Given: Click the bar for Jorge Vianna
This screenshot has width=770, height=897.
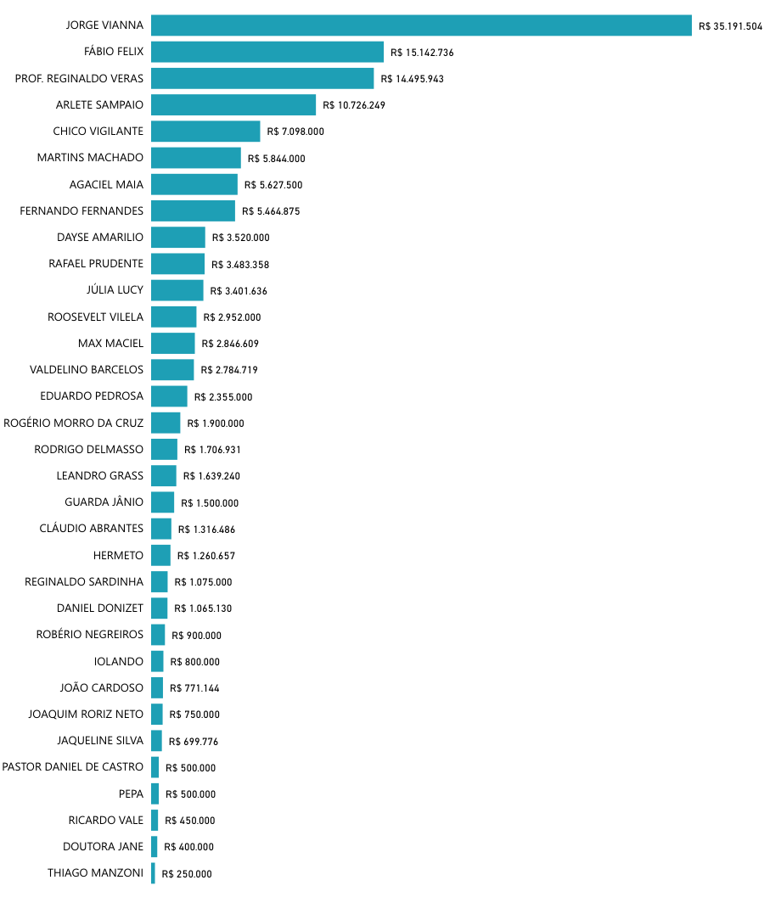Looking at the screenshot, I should pos(421,25).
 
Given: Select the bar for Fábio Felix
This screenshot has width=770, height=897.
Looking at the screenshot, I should pos(267,52).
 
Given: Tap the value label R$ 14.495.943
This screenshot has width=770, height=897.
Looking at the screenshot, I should pos(413,79).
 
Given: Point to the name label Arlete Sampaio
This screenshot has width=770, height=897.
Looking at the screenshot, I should pos(99,105).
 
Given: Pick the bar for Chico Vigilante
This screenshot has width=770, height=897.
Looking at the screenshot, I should pos(205,132).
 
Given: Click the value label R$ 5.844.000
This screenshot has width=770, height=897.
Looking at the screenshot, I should pos(277,159).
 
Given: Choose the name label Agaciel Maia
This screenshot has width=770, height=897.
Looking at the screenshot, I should pos(106,184).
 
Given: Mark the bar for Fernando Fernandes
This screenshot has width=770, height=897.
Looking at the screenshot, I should pos(193,210).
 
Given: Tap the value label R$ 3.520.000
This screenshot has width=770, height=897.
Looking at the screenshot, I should pos(241,238).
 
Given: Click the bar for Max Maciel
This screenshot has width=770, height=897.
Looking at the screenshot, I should pos(173,343).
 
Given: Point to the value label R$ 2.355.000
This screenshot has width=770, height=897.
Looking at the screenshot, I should pos(223,397).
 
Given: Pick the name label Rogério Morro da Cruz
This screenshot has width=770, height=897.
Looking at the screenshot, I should pos(74,423).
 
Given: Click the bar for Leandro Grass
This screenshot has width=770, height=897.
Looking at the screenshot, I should pos(164,475).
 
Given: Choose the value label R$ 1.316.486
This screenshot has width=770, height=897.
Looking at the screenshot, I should pos(206,530).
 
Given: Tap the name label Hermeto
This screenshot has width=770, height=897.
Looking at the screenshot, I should pos(118,555).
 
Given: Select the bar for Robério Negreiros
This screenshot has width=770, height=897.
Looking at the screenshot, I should pos(158,635).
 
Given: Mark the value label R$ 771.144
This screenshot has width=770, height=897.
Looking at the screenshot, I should pos(194,688).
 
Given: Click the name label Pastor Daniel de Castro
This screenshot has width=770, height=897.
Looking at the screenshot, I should pos(73,767).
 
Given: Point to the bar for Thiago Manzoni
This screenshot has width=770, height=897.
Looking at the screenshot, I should pos(154,873).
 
